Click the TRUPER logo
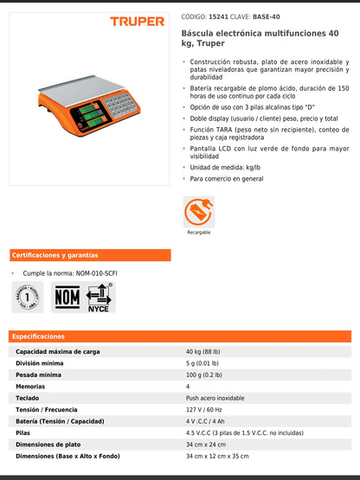[x=137, y=21]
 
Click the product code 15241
[x=220, y=16]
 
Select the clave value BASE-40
[x=266, y=16]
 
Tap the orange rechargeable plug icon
[x=198, y=210]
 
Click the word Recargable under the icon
[x=198, y=233]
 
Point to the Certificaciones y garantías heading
[x=55, y=255]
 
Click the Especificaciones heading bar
[x=180, y=336]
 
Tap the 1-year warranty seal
[x=27, y=296]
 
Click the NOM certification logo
[x=67, y=297]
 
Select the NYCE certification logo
[x=99, y=297]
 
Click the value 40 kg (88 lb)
[x=203, y=352]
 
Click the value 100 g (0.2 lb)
[x=204, y=375]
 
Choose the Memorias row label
[x=31, y=387]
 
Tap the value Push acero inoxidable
[x=215, y=398]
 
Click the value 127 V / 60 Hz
[x=204, y=410]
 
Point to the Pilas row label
[x=23, y=432]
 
